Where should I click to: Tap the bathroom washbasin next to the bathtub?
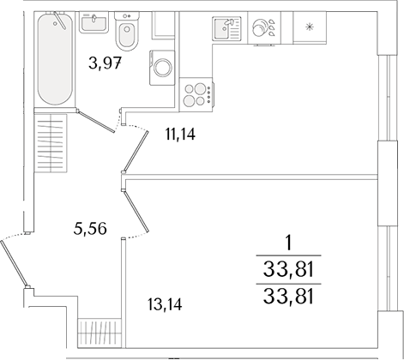pyautogui.click(x=94, y=23)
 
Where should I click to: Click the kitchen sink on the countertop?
pyautogui.click(x=226, y=27)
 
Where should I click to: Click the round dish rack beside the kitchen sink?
pyautogui.click(x=263, y=27)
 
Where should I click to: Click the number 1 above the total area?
pyautogui.click(x=289, y=243)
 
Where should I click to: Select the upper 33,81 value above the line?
pyautogui.click(x=289, y=273)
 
